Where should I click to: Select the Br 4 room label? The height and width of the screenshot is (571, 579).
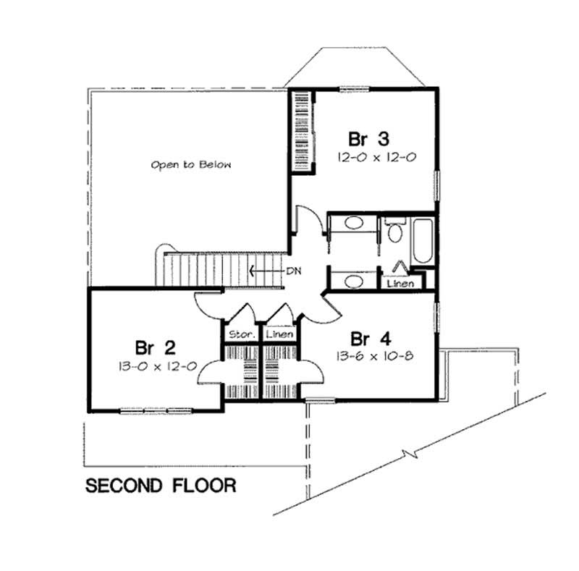pyautogui.click(x=371, y=339)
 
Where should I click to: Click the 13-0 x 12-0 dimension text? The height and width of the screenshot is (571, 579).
pyautogui.click(x=156, y=366)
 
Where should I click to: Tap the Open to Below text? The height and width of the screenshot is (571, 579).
pyautogui.click(x=191, y=165)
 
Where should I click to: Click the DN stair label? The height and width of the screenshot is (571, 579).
pyautogui.click(x=292, y=271)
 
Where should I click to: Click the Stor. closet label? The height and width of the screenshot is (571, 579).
pyautogui.click(x=240, y=335)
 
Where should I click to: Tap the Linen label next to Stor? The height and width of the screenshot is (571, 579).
pyautogui.click(x=279, y=335)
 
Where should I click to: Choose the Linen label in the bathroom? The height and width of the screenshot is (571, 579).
pyautogui.click(x=400, y=284)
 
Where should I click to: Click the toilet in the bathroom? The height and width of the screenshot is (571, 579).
pyautogui.click(x=395, y=232)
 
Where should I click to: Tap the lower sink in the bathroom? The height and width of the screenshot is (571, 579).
pyautogui.click(x=354, y=279)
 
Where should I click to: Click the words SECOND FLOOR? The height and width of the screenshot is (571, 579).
pyautogui.click(x=161, y=485)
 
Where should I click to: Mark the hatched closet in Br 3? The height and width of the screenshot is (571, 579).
pyautogui.click(x=300, y=131)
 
